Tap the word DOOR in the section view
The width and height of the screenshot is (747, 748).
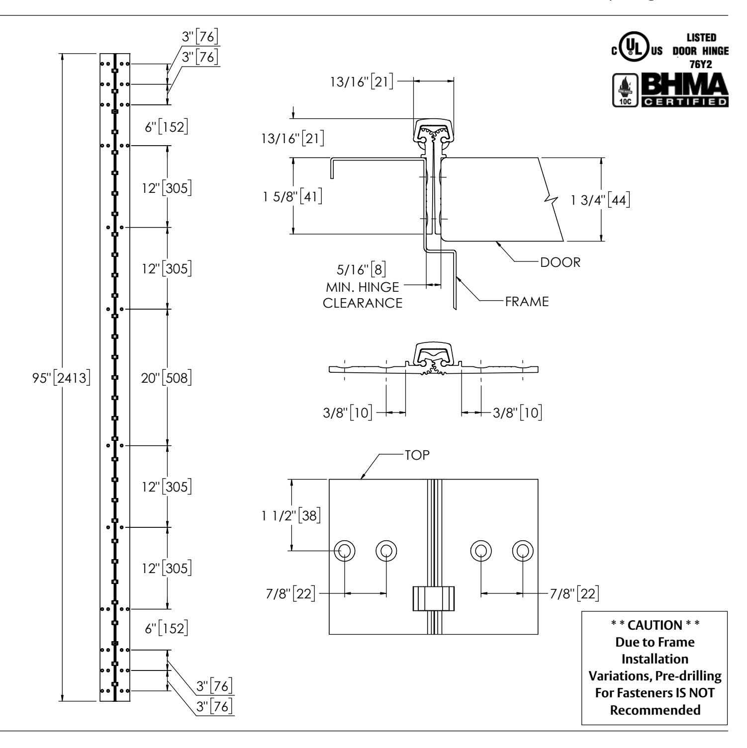click(x=560, y=262)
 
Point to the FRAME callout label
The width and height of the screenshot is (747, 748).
click(x=527, y=301)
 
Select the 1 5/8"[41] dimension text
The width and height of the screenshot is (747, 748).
click(x=294, y=196)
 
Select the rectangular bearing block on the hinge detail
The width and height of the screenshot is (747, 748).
click(x=434, y=598)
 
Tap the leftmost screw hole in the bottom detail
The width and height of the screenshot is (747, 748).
click(x=345, y=550)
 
